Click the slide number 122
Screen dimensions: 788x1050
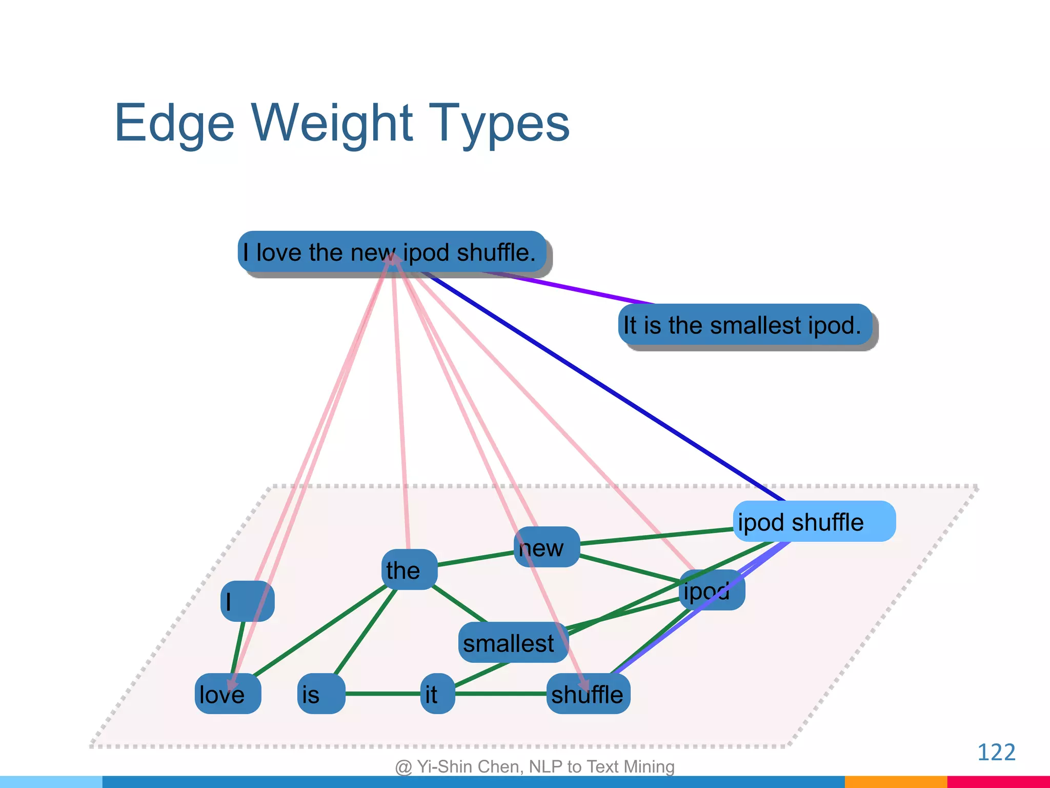pyautogui.click(x=996, y=752)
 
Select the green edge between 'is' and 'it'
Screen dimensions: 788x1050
pyautogui.click(x=382, y=694)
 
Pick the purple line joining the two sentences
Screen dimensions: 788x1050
pyautogui.click(x=574, y=288)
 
